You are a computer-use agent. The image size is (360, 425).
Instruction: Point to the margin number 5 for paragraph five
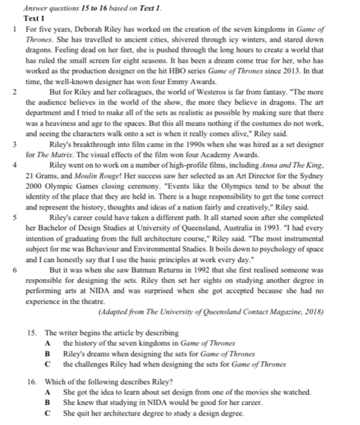click(15, 216)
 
